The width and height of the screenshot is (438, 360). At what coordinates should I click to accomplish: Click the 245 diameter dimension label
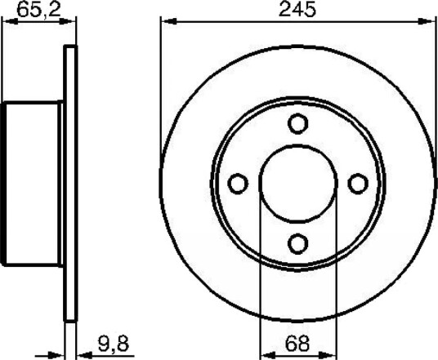tap(297, 9)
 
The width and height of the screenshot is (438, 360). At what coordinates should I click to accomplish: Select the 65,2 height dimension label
tap(38, 10)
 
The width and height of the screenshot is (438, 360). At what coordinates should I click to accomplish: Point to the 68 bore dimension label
tap(297, 344)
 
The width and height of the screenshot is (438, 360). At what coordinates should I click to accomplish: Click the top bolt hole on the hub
tap(297, 123)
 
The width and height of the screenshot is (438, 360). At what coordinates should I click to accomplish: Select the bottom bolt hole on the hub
tap(297, 243)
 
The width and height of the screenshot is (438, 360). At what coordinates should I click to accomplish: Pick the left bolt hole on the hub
tap(238, 184)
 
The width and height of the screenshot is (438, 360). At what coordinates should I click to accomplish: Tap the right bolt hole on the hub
tap(358, 184)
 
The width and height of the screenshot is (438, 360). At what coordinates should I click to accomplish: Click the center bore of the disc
tap(298, 184)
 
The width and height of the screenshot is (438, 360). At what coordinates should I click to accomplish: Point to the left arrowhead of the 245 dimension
tap(169, 21)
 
